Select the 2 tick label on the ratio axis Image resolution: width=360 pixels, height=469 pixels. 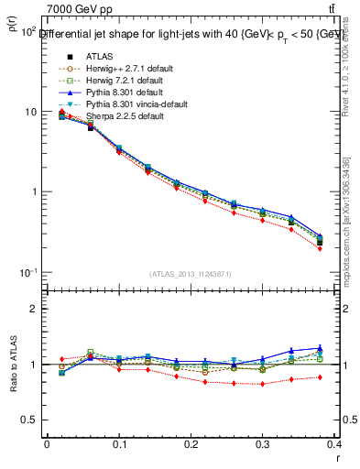tap(34, 309)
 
